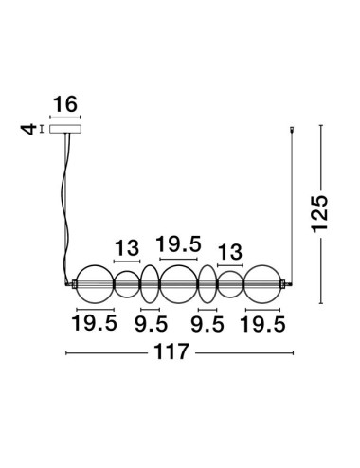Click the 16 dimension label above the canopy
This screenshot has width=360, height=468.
[x=65, y=104]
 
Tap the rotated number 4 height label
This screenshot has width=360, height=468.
[x=28, y=130]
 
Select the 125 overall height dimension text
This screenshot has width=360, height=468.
[x=319, y=214]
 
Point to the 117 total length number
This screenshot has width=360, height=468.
[x=171, y=351]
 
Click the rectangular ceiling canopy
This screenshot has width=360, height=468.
[x=65, y=129]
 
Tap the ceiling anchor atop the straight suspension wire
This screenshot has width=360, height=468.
[x=292, y=130]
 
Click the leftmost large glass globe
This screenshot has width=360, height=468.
[x=77, y=284]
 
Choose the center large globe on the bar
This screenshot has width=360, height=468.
[x=160, y=284]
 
